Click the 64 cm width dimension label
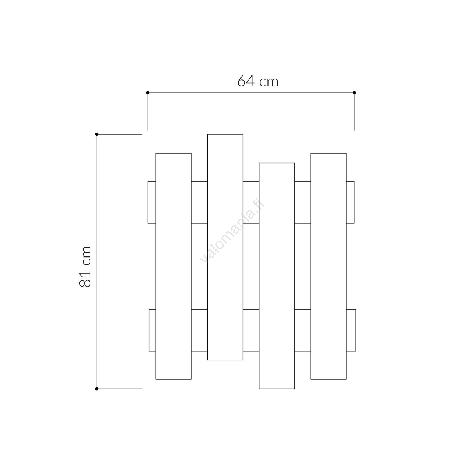[258, 81]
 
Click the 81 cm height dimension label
[85, 267]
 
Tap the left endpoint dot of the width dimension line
[148, 93]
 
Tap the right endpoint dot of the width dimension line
[354, 93]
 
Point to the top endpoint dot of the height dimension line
[97, 134]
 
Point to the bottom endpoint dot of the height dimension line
[97, 389]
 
